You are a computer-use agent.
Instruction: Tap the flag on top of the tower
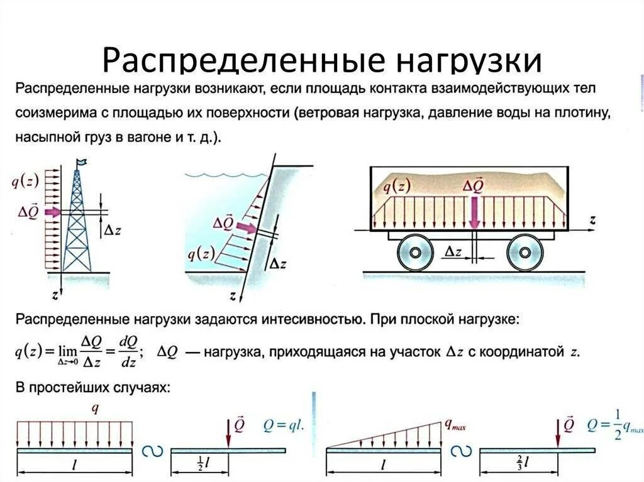tap(80, 163)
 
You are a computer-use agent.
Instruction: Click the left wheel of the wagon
tap(416, 252)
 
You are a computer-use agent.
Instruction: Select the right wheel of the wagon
tap(525, 252)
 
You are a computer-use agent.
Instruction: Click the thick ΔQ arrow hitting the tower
tap(52, 212)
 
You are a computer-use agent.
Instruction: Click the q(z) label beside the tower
tap(26, 182)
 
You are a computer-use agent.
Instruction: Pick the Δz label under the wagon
tap(454, 252)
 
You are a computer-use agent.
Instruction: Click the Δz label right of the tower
tap(112, 230)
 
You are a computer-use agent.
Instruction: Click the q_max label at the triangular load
tap(455, 427)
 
